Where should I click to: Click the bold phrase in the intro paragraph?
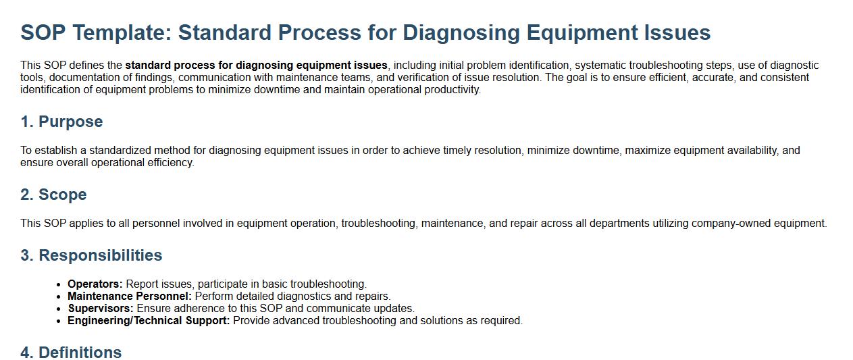[x=256, y=66]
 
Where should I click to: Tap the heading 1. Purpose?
[x=61, y=122]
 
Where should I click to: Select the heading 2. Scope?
[x=54, y=195]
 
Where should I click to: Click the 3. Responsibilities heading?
[x=91, y=255]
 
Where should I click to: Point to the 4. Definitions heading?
[x=71, y=353]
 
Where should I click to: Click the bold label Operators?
[x=95, y=284]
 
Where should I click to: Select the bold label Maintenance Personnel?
[x=130, y=297]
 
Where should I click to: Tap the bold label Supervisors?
[x=101, y=309]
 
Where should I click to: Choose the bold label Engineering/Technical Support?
[x=149, y=321]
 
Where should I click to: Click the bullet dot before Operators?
[x=58, y=285]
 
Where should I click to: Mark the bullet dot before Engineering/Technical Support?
[x=58, y=322]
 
